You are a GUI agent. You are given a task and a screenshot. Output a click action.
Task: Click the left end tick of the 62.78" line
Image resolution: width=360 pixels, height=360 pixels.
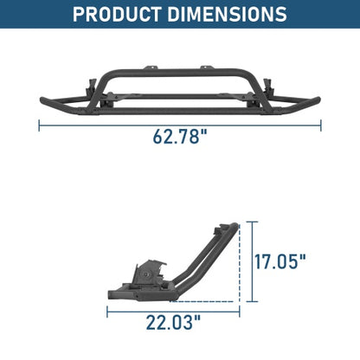coord(39,125)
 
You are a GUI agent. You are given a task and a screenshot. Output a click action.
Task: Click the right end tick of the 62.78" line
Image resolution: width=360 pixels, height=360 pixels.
coord(321,125)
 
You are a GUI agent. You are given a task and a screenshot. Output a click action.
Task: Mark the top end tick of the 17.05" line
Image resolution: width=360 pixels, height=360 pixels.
coord(253,222)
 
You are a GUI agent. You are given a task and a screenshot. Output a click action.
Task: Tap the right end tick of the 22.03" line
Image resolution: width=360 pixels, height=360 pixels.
coord(236,312)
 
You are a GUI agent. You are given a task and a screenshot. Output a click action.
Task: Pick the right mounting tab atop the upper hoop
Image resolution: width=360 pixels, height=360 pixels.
coord(208,65)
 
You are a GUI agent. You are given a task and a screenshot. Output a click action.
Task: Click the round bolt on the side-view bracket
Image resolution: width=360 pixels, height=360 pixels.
coord(152,274)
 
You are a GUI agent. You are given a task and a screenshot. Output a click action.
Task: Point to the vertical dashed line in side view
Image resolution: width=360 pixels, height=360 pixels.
coord(235,260)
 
